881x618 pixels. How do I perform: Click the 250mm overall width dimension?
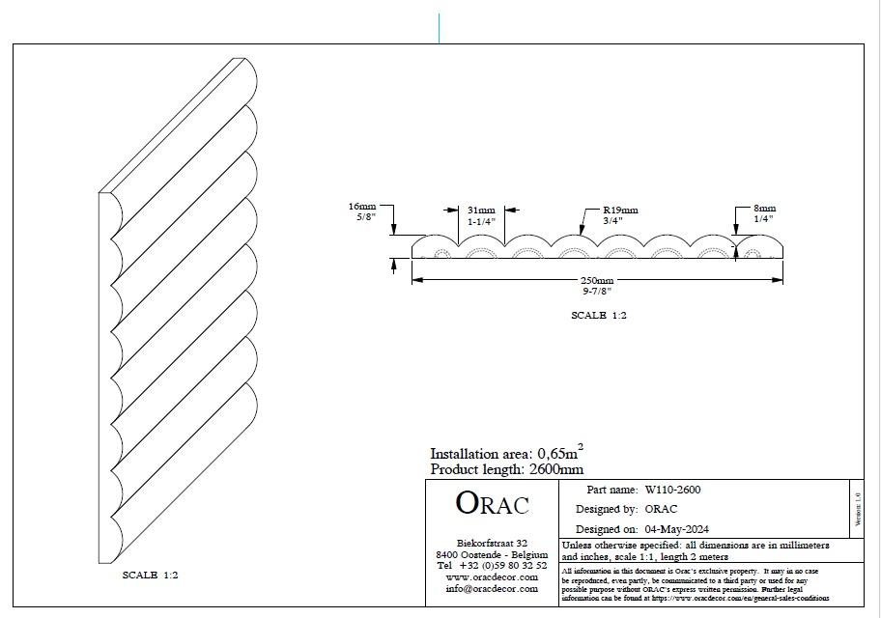point(597,280)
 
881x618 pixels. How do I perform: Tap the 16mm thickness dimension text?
point(362,207)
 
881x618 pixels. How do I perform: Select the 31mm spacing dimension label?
point(481,211)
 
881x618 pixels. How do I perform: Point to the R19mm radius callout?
point(620,211)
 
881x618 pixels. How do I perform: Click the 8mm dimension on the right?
point(765,209)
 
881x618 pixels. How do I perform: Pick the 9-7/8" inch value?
point(597,291)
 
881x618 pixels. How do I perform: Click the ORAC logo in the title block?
point(492,503)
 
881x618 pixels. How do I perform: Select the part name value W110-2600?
point(672,490)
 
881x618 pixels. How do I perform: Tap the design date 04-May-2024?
point(676,528)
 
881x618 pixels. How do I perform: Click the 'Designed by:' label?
point(607,509)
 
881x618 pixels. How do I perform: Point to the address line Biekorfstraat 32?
point(492,543)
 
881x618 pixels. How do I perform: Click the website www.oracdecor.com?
point(492,576)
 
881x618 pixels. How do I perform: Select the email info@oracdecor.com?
point(492,588)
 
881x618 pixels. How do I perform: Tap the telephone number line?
point(492,565)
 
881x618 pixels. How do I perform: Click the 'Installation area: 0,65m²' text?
point(506,453)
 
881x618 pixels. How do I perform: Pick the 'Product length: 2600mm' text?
point(506,469)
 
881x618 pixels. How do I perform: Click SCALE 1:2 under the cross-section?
point(599,315)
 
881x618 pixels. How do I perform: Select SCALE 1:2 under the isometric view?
point(150,575)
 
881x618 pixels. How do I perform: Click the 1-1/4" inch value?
point(481,221)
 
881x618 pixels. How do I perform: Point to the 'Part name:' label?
point(611,490)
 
